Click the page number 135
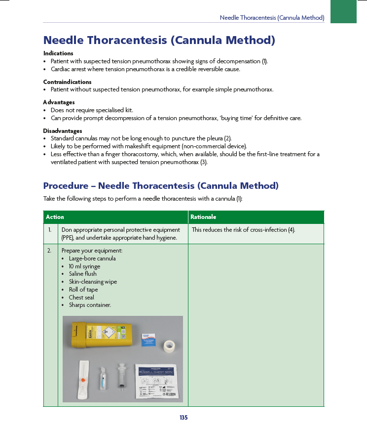coord(183,418)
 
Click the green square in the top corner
coord(343,11)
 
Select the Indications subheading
coord(58,53)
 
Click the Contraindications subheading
coord(67,82)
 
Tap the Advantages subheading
coord(59,102)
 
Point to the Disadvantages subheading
coord(63,131)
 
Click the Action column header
coord(55,217)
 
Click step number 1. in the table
coord(50,230)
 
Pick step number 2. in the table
coord(50,251)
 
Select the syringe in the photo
coord(121,376)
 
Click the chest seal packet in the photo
coord(157,382)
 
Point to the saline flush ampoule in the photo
coord(102,378)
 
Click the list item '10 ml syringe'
coord(84,266)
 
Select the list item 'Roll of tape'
coord(83,290)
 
